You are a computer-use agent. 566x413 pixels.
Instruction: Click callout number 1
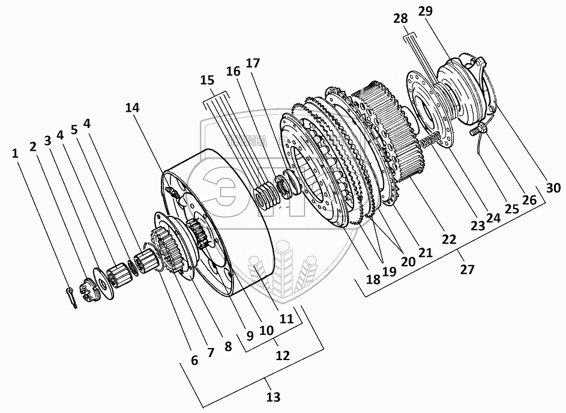pyautogui.click(x=14, y=154)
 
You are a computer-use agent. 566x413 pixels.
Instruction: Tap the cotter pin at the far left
pyautogui.click(x=71, y=298)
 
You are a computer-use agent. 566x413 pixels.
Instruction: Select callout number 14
pyautogui.click(x=132, y=108)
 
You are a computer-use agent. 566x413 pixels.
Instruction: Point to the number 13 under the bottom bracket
pyautogui.click(x=273, y=397)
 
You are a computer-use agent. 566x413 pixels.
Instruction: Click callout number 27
pyautogui.click(x=467, y=269)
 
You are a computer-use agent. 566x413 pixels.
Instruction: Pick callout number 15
pyautogui.click(x=206, y=80)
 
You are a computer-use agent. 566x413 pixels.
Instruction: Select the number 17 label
pyautogui.click(x=253, y=63)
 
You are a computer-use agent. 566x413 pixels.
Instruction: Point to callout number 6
pyautogui.click(x=194, y=360)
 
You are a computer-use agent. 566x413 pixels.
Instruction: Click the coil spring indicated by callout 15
pyautogui.click(x=263, y=196)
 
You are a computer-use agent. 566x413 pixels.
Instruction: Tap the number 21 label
pyautogui.click(x=425, y=253)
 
